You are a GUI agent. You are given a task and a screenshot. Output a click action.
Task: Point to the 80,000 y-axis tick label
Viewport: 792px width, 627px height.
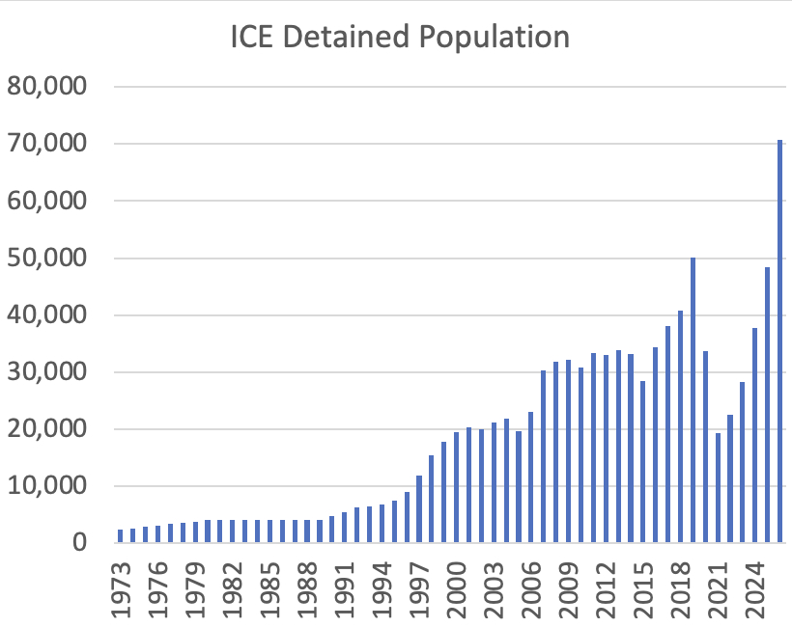47,87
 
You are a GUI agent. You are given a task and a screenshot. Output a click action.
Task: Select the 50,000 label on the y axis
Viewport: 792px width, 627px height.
47,258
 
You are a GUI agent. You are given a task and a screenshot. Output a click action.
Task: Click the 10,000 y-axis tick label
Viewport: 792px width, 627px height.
47,486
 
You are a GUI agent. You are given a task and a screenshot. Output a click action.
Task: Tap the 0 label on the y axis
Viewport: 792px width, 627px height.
79,543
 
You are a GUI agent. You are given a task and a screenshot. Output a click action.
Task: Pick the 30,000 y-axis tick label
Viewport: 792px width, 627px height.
47,372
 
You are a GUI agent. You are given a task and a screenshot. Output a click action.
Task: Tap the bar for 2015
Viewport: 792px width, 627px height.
643,462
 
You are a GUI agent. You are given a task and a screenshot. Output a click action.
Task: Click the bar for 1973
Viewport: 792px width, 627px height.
121,536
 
